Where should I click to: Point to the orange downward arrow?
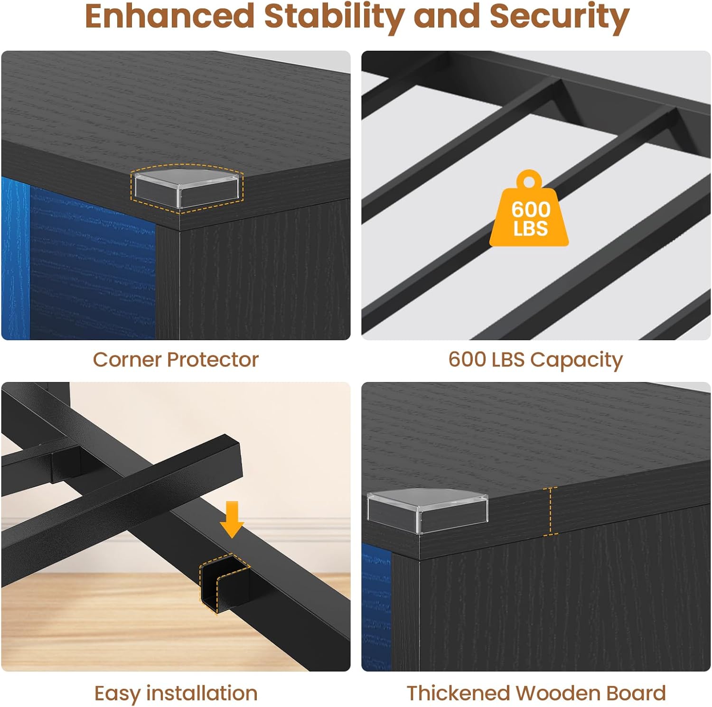click(x=232, y=519)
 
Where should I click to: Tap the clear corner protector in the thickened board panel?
click(x=427, y=510)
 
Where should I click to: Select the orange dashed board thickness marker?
click(x=550, y=511)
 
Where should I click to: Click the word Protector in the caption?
click(x=212, y=360)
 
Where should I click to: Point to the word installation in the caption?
click(x=202, y=693)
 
